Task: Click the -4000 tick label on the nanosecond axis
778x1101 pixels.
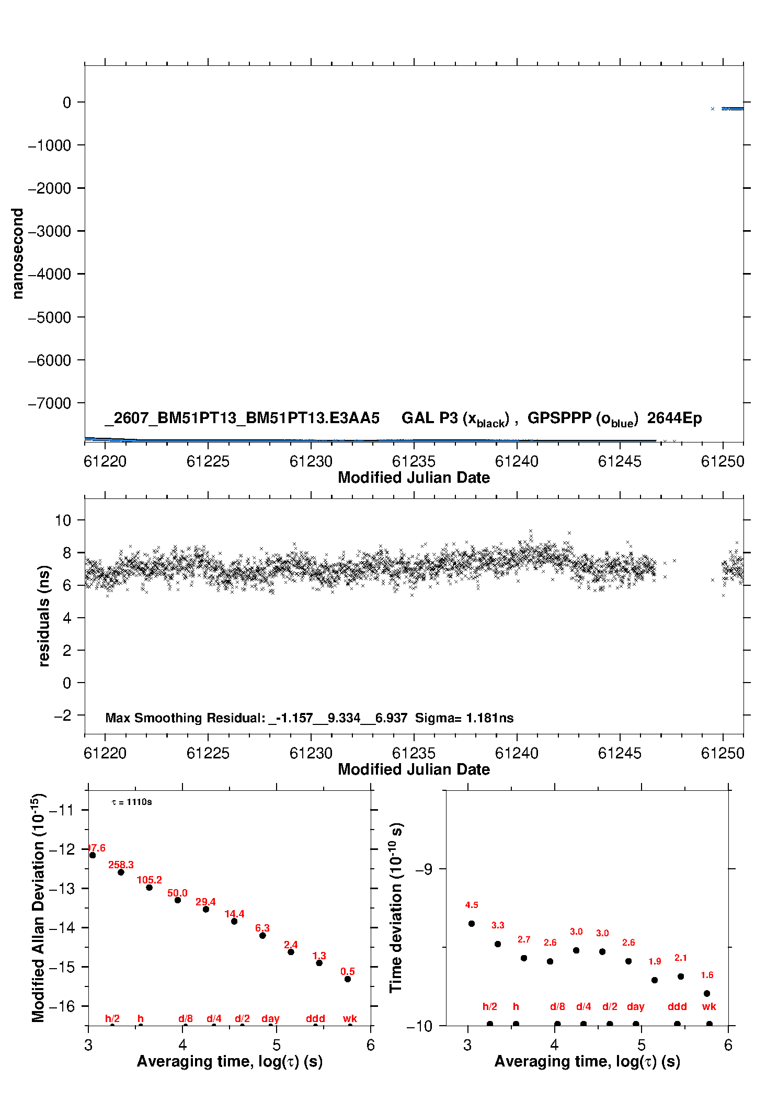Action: (x=49, y=274)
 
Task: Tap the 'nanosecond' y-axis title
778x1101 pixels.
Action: (x=18, y=254)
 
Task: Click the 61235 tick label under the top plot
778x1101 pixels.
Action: (x=414, y=461)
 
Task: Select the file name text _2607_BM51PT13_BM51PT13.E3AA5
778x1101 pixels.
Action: (x=242, y=418)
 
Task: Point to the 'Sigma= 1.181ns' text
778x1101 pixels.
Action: (x=464, y=718)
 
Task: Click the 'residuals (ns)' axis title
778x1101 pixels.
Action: (x=44, y=616)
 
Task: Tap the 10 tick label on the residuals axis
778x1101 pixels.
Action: (x=63, y=520)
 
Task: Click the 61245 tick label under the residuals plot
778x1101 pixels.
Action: (x=620, y=753)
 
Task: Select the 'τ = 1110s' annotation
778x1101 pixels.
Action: (x=132, y=802)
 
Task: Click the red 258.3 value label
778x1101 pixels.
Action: (x=121, y=865)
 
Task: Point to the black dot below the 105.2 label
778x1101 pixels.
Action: (x=149, y=888)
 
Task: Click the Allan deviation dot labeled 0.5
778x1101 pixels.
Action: (x=348, y=979)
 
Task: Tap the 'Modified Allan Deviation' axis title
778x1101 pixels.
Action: (x=38, y=908)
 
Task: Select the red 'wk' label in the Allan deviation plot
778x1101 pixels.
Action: (x=350, y=1018)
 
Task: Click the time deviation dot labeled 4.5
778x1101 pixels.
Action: (x=472, y=924)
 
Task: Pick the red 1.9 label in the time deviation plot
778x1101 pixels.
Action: (x=655, y=961)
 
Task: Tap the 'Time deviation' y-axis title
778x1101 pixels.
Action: (x=396, y=908)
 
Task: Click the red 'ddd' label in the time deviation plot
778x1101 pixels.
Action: (x=677, y=1006)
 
